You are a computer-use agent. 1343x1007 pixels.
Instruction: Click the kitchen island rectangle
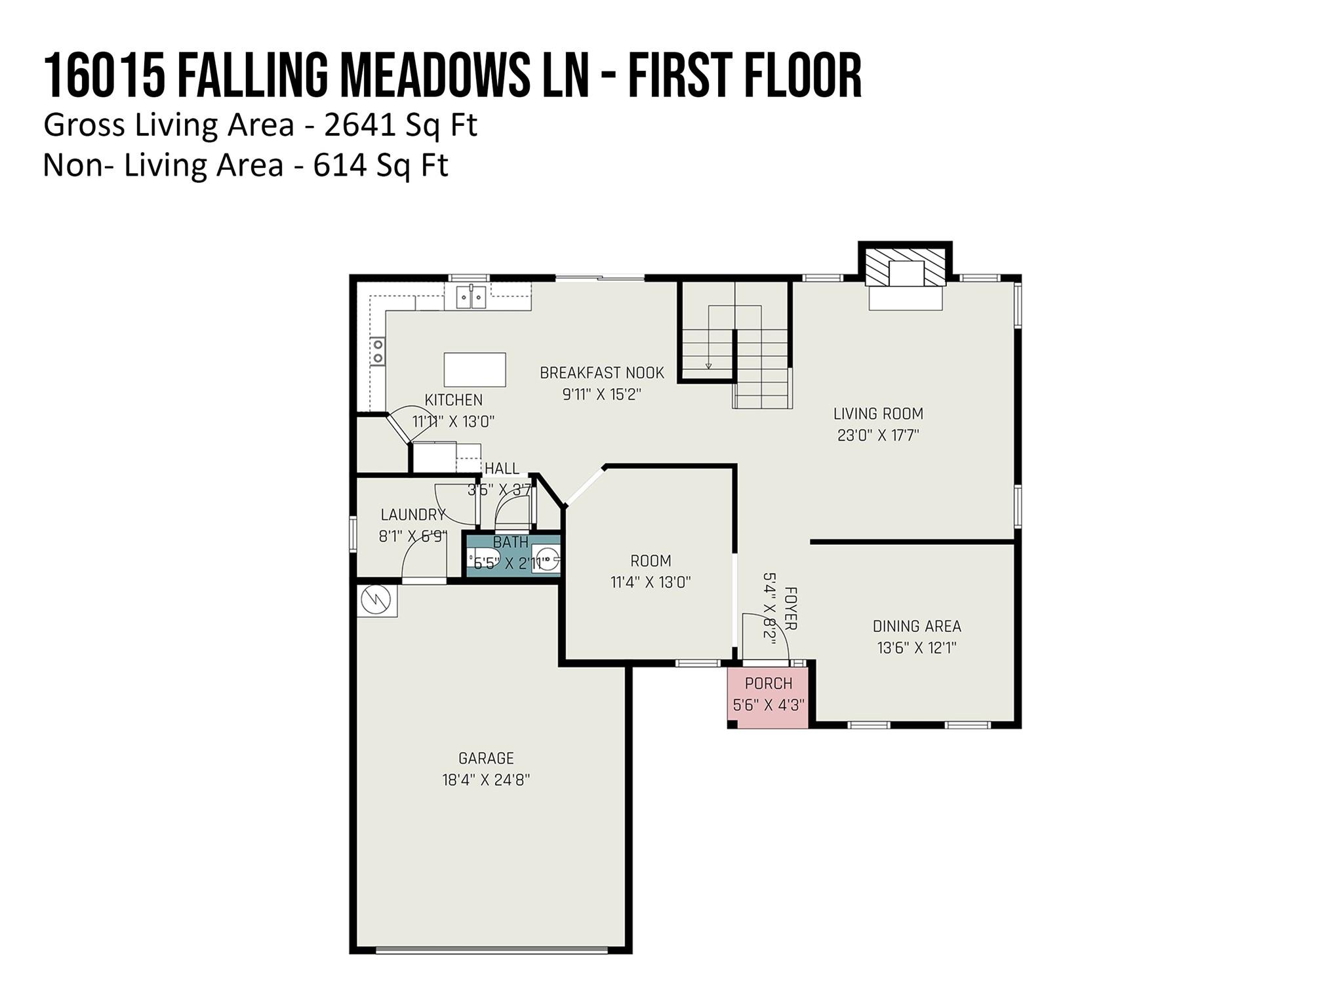pos(475,370)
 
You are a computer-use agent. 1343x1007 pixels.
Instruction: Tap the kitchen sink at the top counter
pos(471,297)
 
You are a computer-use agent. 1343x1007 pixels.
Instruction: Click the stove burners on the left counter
pos(378,351)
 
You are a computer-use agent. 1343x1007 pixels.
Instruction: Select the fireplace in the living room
pos(906,276)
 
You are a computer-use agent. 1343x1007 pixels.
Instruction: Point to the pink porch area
pos(768,696)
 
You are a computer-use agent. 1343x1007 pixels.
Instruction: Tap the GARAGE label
pos(486,759)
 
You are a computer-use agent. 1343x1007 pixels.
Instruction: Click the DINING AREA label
pos(917,627)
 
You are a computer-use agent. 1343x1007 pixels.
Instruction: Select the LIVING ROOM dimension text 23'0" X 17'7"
pos(878,435)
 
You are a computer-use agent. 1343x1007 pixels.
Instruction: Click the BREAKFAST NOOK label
pos(602,373)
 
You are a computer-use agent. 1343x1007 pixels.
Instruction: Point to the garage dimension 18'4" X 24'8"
pos(486,780)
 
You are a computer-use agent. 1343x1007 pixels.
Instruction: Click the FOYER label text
pos(790,608)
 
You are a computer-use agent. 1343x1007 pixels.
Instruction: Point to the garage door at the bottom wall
pos(492,949)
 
